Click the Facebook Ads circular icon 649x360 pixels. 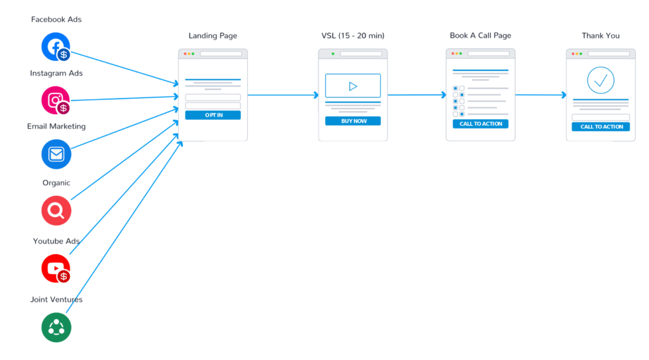point(56,47)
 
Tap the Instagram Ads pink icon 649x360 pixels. point(56,100)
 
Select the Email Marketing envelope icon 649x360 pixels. point(56,154)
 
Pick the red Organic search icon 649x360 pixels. point(56,210)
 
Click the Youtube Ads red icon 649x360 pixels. point(56,269)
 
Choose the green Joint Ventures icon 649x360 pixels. point(56,328)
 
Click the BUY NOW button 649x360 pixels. point(352,121)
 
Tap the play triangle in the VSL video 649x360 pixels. point(353,86)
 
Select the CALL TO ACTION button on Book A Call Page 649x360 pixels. point(481,124)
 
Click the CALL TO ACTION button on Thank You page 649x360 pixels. point(601,126)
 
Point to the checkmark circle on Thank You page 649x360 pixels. point(601,80)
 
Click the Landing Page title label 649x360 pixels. point(213,36)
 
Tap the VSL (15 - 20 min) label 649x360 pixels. point(353,36)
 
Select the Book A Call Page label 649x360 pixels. point(481,36)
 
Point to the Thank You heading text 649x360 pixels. point(601,36)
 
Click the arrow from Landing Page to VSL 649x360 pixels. point(283,95)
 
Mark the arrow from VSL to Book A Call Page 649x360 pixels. point(417,95)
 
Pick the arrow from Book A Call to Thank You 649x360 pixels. point(540,95)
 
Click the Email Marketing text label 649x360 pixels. point(56,126)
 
